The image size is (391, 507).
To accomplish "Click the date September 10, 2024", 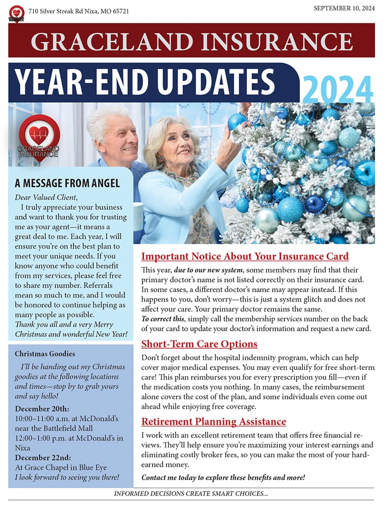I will point(344,8).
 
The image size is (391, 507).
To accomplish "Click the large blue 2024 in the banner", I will point(337,89).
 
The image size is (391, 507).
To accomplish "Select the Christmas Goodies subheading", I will point(45,353).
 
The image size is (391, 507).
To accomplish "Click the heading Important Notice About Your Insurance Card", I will point(245,257).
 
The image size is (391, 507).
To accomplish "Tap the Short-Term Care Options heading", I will point(199,344).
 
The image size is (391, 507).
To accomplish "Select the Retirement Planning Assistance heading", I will point(214,421).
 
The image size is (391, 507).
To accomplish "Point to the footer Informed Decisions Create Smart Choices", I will point(191,494).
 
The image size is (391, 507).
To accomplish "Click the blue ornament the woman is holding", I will point(236,122).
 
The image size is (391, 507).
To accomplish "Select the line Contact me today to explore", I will point(223,477).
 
